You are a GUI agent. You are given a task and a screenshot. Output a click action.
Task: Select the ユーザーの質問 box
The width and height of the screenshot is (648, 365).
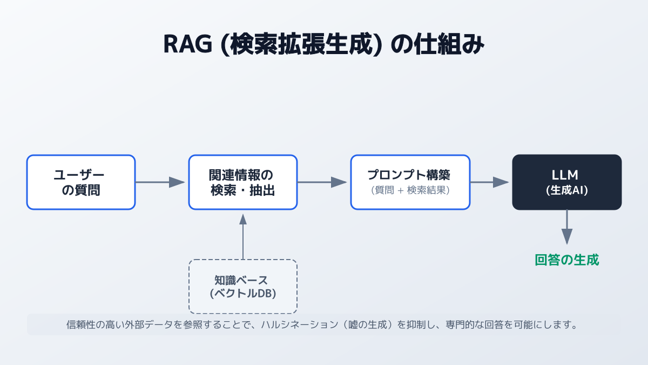(x=81, y=182)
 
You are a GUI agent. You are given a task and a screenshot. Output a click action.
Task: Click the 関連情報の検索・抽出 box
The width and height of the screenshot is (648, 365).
(x=243, y=182)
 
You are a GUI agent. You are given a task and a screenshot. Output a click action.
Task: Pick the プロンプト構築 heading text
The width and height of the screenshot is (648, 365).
(x=410, y=175)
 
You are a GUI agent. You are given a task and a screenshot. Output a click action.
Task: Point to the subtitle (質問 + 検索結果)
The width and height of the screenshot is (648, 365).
(x=410, y=190)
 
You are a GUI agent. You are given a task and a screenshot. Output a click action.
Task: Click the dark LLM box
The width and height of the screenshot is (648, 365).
(x=566, y=182)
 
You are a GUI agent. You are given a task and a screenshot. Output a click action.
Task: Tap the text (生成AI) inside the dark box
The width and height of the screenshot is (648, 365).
(x=566, y=190)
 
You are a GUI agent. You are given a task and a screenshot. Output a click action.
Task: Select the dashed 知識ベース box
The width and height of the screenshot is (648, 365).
(x=243, y=287)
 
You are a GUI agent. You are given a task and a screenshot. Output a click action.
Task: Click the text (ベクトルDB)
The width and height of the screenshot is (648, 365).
(x=243, y=294)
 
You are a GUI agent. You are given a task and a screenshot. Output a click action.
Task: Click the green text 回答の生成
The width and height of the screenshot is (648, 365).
(x=566, y=260)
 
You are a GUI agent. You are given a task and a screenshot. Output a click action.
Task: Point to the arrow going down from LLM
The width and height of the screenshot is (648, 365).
(x=566, y=227)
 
